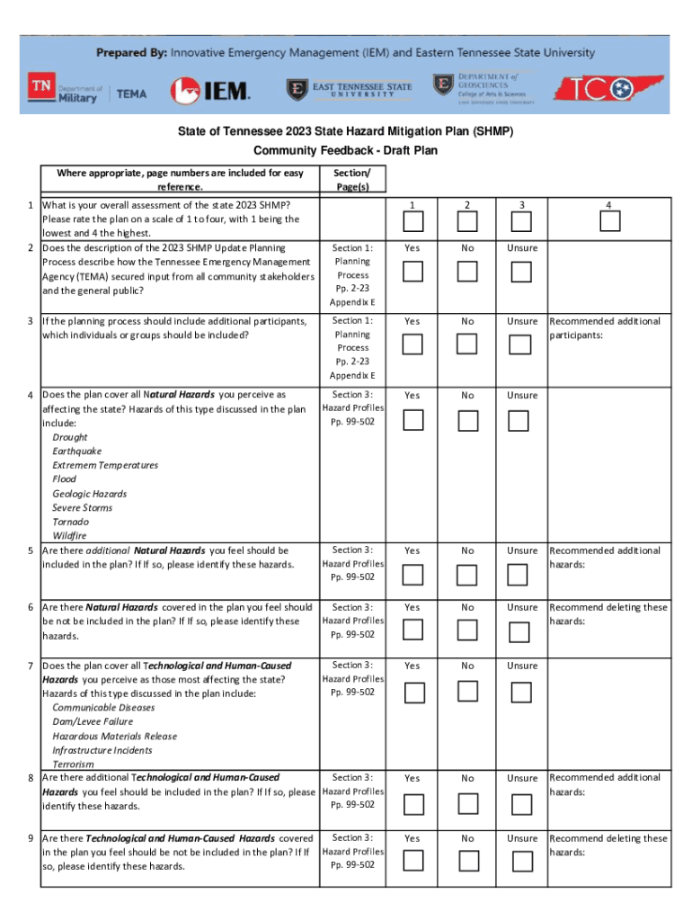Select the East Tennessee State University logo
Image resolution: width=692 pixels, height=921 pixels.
[350, 89]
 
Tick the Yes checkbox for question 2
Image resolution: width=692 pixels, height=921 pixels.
[413, 271]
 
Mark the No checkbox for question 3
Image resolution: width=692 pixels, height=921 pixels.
[467, 344]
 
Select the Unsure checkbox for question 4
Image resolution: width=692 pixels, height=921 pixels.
[519, 419]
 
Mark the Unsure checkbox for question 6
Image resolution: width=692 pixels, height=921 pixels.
[519, 630]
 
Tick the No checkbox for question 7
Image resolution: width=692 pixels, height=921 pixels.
[467, 691]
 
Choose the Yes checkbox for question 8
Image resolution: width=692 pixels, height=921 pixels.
[413, 801]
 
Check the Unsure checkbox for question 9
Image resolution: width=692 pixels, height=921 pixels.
[519, 861]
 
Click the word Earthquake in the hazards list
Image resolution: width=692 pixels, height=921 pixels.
[77, 451]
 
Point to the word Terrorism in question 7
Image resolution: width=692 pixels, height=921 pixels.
[73, 765]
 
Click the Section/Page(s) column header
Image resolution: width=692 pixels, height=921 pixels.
[350, 179]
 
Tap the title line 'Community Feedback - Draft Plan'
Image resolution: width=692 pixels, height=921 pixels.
[345, 150]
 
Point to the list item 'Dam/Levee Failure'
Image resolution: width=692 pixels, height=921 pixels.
[93, 721]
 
